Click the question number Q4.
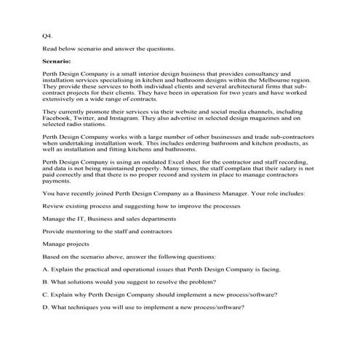coord(47,35)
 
